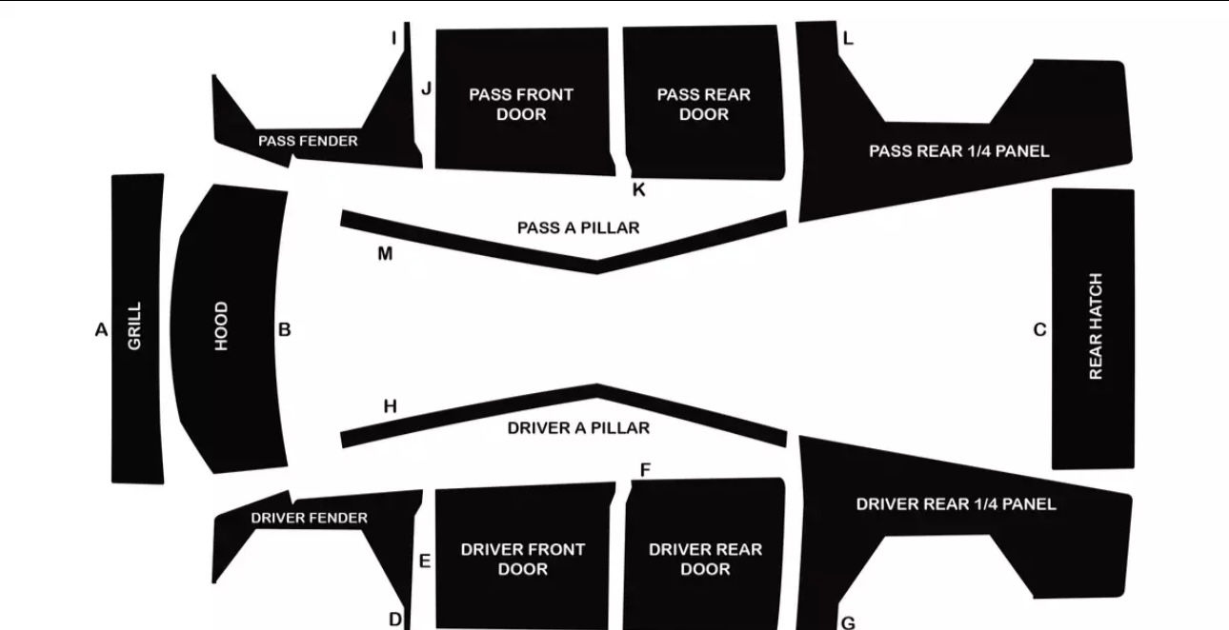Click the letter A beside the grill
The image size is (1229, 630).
coord(101,330)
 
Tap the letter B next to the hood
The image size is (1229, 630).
coord(284,330)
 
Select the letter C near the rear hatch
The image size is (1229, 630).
coord(1039,330)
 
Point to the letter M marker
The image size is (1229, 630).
coord(385,253)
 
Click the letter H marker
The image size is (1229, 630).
coord(390,406)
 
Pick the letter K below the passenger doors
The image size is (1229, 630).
coord(638,189)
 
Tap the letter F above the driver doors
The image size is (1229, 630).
coord(645,470)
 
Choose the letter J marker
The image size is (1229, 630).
coord(427,89)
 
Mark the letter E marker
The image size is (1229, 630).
coord(425,561)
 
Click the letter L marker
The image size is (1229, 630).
coord(848,39)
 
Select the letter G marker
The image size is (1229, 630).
coord(848,623)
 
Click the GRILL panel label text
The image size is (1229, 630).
coord(134,326)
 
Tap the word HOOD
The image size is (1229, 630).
coord(221,326)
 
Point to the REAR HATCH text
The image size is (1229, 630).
coord(1096,326)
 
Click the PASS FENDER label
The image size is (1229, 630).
coord(308,141)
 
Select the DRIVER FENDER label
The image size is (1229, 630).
coord(309,518)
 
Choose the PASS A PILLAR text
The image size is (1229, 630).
coord(578,227)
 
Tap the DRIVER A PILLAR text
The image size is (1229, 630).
coord(578,427)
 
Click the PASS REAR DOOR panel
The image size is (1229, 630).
coord(704,104)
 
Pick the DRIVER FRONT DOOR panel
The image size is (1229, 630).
coord(522,559)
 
